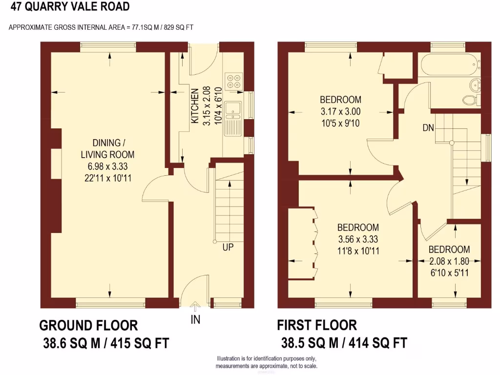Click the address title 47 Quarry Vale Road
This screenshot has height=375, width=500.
[x=70, y=7]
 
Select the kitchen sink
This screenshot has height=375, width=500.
[x=233, y=110]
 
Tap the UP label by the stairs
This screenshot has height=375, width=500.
[x=228, y=247]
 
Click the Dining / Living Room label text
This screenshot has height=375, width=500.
[x=107, y=148]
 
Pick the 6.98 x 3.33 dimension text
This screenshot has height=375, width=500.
[x=107, y=167]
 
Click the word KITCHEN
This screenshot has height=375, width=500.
[x=194, y=106]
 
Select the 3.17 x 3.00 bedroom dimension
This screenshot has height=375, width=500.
[x=342, y=111]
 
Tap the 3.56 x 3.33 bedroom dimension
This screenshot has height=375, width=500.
[x=358, y=239]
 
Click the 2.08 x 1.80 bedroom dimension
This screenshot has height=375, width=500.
[x=449, y=261]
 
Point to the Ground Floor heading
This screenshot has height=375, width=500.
[x=88, y=325]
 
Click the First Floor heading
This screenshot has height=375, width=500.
[x=317, y=325]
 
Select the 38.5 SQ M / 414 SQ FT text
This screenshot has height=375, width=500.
[x=344, y=343]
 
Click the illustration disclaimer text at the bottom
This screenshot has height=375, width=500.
[x=267, y=363]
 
